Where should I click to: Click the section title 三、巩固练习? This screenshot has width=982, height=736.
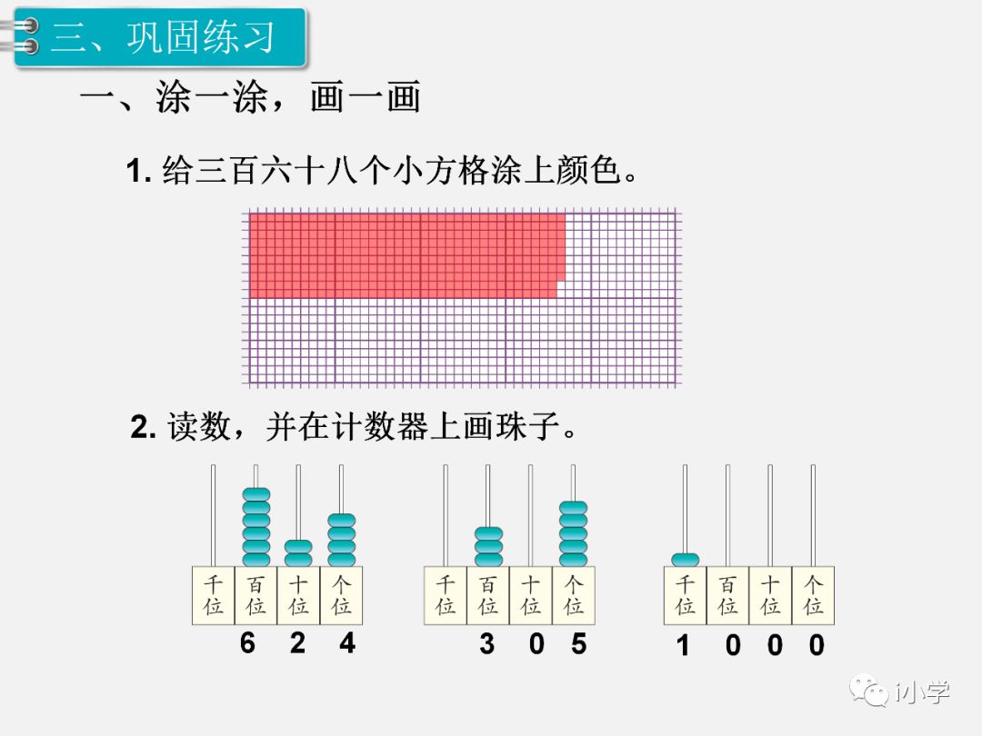[162, 38]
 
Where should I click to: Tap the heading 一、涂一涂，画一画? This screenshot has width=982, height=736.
[250, 98]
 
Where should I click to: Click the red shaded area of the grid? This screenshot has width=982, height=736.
[405, 254]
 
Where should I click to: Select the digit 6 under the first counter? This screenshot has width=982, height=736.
[248, 643]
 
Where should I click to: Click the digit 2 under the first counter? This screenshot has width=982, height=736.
[297, 643]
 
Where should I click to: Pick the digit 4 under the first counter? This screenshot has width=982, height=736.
[347, 643]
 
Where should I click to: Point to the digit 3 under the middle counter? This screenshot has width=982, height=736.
[487, 644]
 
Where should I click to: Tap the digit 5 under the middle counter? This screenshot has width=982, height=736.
[579, 644]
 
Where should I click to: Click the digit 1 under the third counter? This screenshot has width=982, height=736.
[683, 646]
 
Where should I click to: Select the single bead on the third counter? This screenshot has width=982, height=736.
[685, 560]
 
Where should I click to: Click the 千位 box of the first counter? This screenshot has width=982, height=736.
[214, 595]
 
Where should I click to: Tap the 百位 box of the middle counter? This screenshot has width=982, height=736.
[488, 595]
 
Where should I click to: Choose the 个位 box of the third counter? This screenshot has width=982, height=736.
[813, 595]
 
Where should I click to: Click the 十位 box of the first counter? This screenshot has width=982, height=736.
[298, 595]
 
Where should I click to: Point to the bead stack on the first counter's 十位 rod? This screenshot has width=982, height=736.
[298, 553]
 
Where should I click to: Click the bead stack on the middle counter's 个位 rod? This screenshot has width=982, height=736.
[573, 533]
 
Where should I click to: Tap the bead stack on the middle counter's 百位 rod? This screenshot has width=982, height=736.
[488, 547]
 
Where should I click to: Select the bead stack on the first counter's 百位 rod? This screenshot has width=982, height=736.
[256, 527]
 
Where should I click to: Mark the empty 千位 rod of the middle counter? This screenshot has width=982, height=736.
[446, 514]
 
